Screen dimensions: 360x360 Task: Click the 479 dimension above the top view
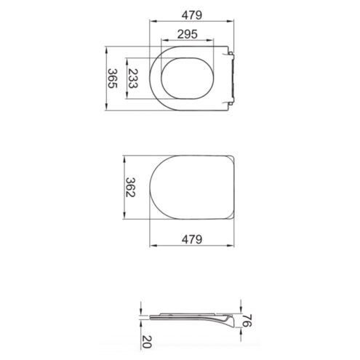coord(191,15)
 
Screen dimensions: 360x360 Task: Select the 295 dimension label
coord(187,34)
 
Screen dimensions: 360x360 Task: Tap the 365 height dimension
coord(113,79)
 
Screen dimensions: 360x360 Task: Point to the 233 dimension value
coord(133,79)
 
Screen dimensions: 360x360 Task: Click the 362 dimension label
coord(130,188)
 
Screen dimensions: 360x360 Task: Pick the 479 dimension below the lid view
coord(191,239)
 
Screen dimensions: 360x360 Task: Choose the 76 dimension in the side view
coord(247,321)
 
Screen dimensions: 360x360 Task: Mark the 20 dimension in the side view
coord(147,342)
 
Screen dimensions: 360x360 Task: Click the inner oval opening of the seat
coord(187,57)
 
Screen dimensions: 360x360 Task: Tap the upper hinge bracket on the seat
coord(231,55)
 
